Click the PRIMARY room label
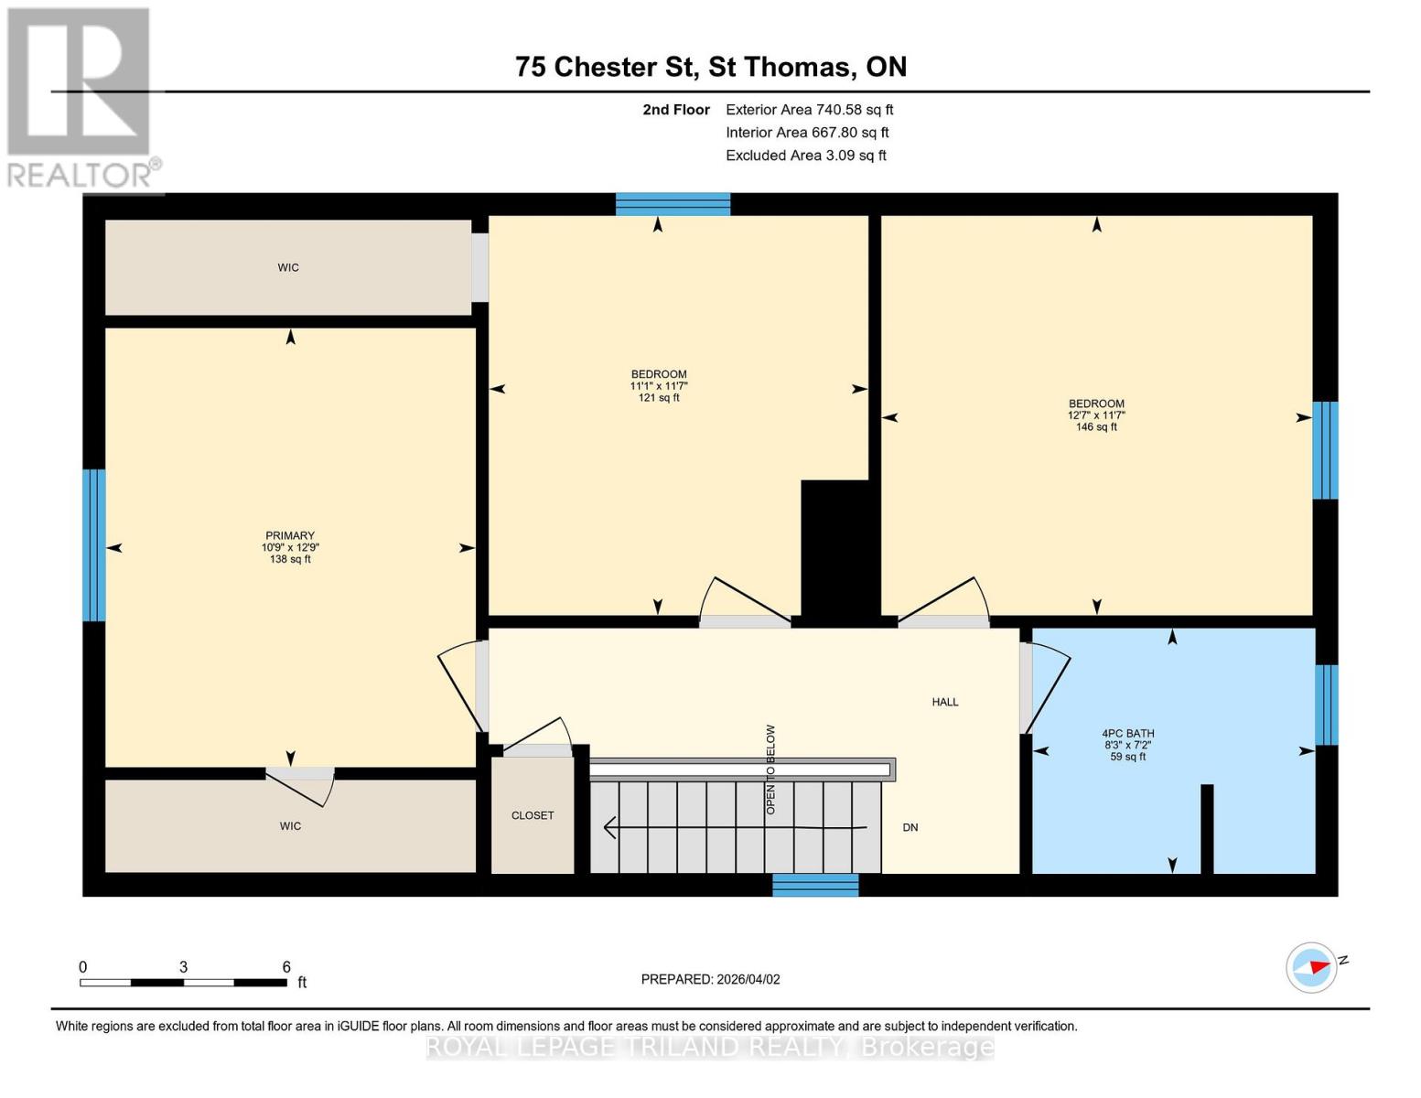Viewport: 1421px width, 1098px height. coord(289,536)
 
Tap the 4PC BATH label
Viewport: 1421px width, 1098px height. coord(1127,734)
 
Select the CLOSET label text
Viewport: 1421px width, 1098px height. coord(533,815)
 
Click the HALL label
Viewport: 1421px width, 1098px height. coord(945,703)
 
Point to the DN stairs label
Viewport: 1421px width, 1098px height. coord(910,827)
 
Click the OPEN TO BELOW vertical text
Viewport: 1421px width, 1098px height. coord(770,770)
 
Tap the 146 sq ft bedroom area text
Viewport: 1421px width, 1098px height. coord(1096,427)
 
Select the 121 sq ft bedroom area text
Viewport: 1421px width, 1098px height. coord(659,398)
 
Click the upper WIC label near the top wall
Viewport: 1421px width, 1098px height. coord(288,268)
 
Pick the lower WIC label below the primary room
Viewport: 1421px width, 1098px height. coord(290,826)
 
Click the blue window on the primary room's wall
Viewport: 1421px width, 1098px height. coord(94,545)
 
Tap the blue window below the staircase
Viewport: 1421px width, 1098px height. coord(815,885)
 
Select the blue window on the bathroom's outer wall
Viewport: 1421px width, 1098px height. coord(1326,705)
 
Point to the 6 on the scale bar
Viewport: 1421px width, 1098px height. coord(286,967)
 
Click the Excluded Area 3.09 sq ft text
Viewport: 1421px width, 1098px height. coord(805,156)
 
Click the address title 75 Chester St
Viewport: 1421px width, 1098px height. coord(599,67)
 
